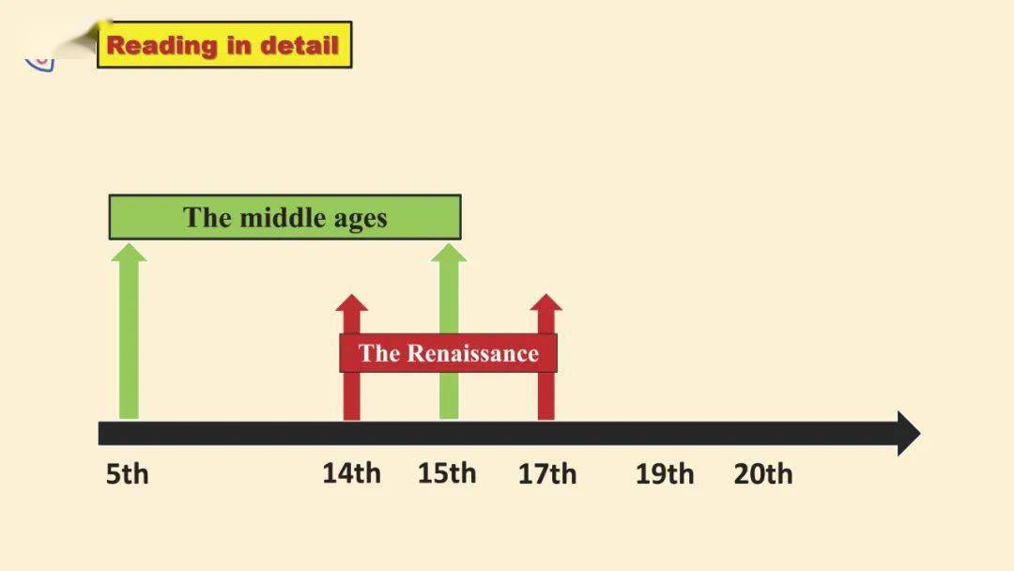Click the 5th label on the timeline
point(128,474)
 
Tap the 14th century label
point(352,473)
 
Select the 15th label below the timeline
point(447,473)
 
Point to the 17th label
point(547,474)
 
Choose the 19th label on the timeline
point(665,474)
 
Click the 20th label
point(763,474)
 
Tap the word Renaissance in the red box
point(473,353)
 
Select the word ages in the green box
point(361,220)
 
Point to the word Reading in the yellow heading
point(161,46)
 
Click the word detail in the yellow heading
point(300,45)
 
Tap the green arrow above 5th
point(129,332)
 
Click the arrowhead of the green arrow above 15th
point(449,253)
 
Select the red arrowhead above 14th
point(352,302)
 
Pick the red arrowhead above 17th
point(546,302)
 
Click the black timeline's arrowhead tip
point(920,433)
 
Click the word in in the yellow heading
point(238,45)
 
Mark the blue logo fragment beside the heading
point(40,64)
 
